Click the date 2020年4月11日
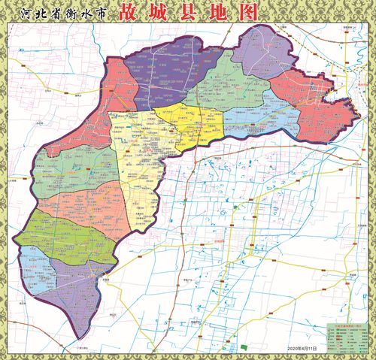302,349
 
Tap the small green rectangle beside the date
244,346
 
